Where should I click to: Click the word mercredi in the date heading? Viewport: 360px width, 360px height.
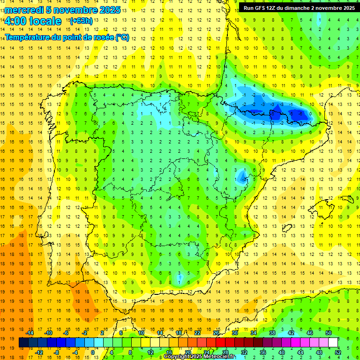pyautogui.click(x=24, y=10)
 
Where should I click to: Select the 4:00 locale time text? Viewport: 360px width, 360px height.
pyautogui.click(x=33, y=21)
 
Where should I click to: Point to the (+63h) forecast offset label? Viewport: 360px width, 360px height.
pyautogui.click(x=81, y=21)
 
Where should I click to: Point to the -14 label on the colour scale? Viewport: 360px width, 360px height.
pyautogui.click(x=30, y=333)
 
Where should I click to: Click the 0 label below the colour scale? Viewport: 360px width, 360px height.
pyautogui.click(x=93, y=352)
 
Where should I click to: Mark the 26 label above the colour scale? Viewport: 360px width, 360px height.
pyautogui.click(x=216, y=333)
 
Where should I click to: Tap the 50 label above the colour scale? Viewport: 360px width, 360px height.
pyautogui.click(x=329, y=333)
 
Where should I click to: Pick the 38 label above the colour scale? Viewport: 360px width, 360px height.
pyautogui.click(x=272, y=333)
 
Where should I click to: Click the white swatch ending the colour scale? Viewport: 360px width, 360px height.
pyautogui.click(x=333, y=343)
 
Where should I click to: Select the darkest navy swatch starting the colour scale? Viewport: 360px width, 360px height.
pyautogui.click(x=23, y=343)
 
